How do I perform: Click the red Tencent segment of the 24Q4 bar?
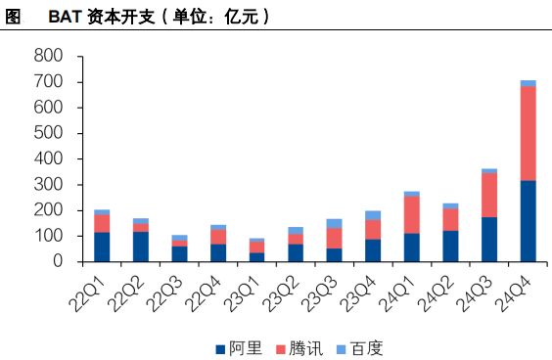tap(529, 133)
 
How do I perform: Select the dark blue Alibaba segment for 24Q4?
tap(529, 221)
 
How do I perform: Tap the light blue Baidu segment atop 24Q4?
tap(529, 83)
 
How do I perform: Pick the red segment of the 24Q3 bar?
tap(489, 196)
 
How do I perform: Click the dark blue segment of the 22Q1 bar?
tap(102, 247)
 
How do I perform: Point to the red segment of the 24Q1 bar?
tap(412, 215)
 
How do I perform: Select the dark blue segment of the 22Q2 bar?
tap(141, 247)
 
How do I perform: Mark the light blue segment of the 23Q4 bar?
tap(373, 215)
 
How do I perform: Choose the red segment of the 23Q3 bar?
tap(334, 239)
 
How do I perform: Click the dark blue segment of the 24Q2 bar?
tap(450, 247)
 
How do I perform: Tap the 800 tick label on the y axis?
tap(48, 56)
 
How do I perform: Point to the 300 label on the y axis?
tap(48, 184)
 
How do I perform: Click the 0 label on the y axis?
tap(58, 261)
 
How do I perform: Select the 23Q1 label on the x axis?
tap(242, 293)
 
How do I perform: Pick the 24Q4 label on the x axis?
tap(513, 293)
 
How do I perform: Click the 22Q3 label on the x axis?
tap(164, 293)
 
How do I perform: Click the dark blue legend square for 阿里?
tap(220, 349)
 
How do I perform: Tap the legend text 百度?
tap(366, 348)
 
